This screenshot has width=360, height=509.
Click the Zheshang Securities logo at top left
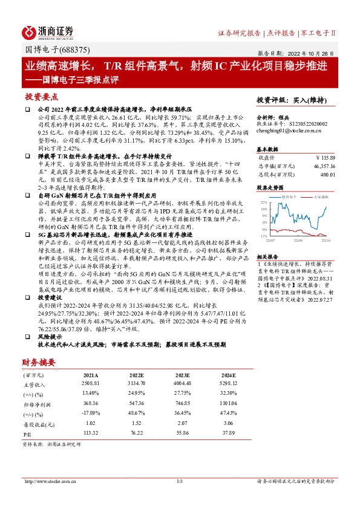click(x=48, y=31)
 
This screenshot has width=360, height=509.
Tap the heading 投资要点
click(x=41, y=97)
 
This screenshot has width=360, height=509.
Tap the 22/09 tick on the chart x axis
click(x=299, y=240)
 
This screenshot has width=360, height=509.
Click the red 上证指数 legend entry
click(x=321, y=197)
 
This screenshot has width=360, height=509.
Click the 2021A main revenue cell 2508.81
click(x=92, y=383)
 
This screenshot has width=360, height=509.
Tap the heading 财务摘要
click(x=39, y=362)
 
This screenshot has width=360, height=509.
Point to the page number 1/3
click(x=179, y=481)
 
